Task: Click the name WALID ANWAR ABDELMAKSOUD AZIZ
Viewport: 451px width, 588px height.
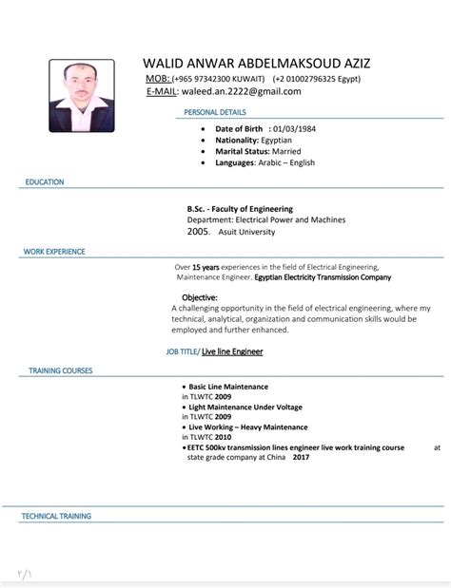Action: point(257,63)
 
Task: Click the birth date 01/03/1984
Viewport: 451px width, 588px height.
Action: point(294,128)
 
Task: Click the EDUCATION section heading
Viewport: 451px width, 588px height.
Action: point(45,181)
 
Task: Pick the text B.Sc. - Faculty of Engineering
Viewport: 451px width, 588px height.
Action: point(241,209)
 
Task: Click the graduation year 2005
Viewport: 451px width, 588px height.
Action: point(198,231)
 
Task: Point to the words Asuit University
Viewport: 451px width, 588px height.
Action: point(247,232)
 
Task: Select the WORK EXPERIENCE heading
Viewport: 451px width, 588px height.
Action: point(54,252)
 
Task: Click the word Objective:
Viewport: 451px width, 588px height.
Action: point(199,297)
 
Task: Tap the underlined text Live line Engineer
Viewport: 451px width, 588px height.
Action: point(232,351)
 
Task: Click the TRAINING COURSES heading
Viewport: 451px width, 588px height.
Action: point(60,370)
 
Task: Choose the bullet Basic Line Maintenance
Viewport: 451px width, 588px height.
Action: point(228,387)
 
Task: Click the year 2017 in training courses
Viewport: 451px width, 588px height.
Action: point(302,457)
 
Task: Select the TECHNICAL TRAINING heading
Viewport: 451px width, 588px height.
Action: point(57,516)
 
